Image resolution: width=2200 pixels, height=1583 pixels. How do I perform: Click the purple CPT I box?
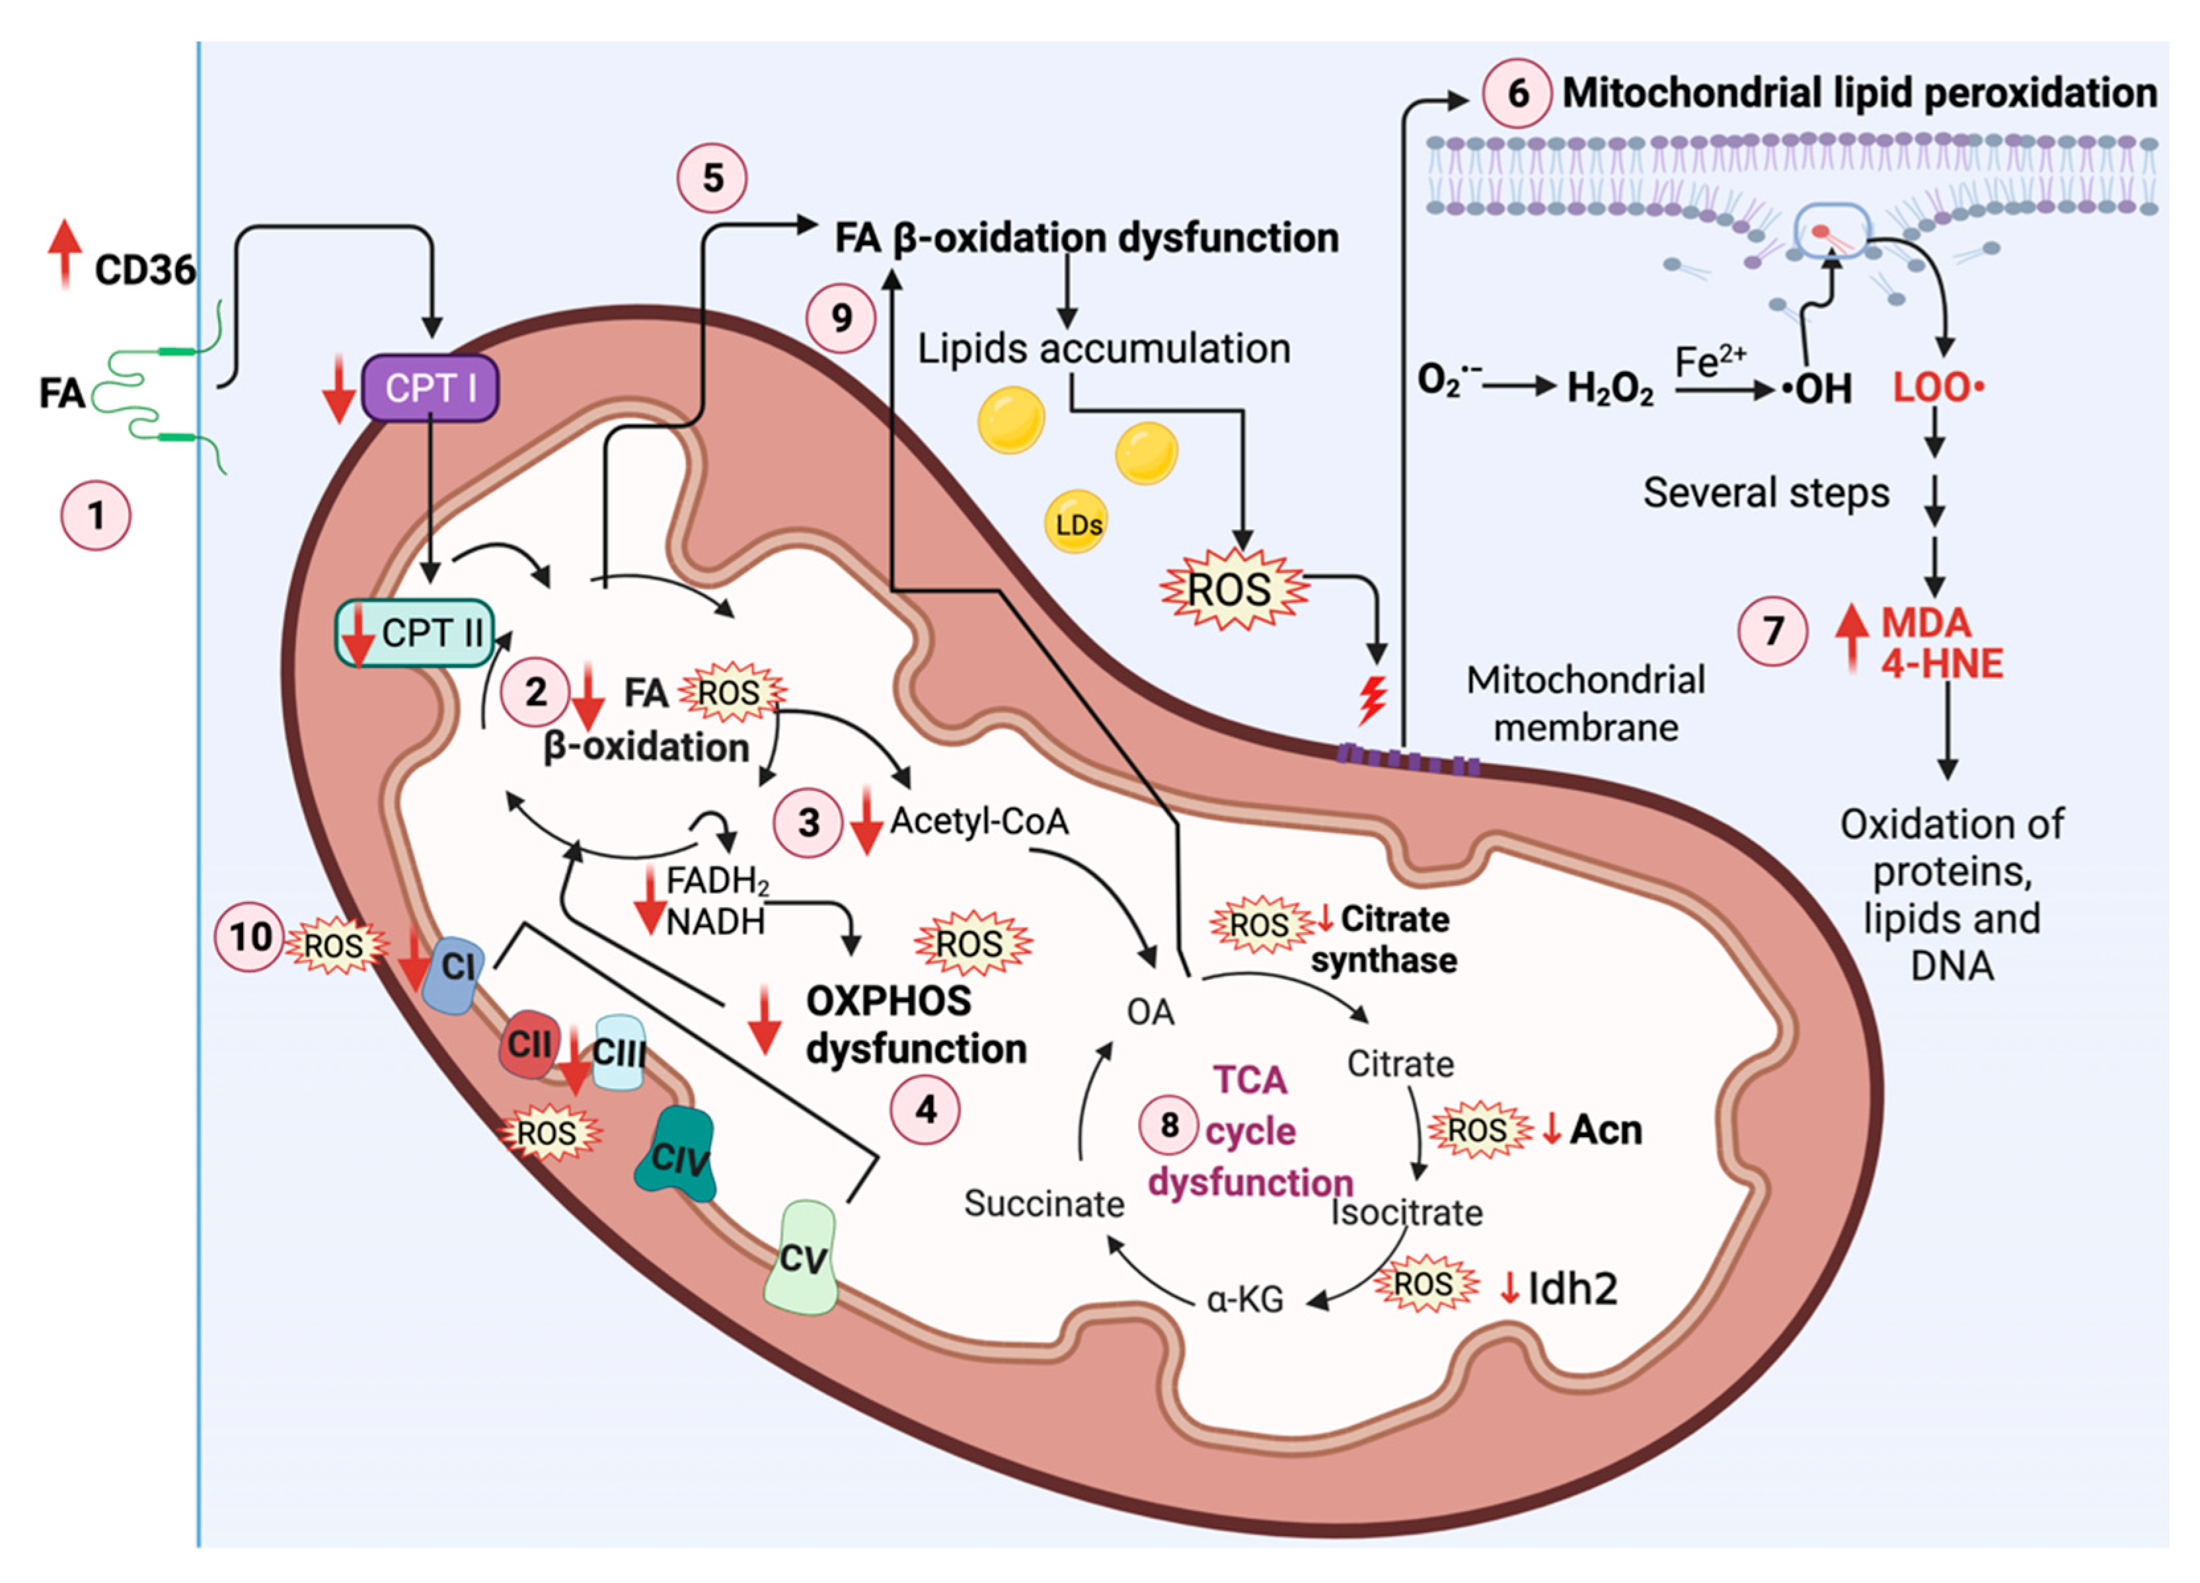tap(430, 388)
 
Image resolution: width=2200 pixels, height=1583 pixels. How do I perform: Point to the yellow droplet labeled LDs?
tap(1077, 525)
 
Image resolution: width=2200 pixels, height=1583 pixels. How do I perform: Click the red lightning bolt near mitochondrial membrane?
tap(1371, 700)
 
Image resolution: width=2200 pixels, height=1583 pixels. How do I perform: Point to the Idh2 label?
tap(1572, 1288)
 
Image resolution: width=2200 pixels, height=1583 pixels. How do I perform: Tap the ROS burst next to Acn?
tap(1477, 1130)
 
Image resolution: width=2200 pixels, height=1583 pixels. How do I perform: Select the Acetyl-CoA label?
tap(979, 822)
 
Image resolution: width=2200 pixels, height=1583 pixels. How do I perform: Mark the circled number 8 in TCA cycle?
tap(1169, 1125)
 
